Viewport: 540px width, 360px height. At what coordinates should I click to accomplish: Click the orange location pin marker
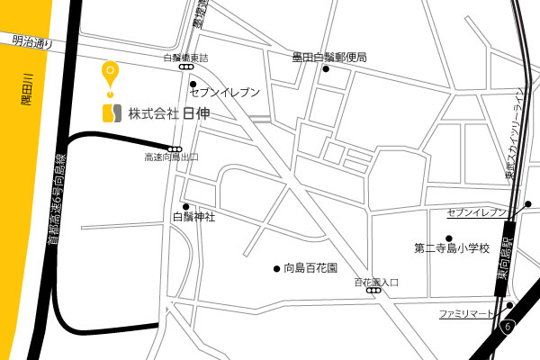tap(110, 73)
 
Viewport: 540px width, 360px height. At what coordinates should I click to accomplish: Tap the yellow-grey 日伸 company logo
tap(111, 113)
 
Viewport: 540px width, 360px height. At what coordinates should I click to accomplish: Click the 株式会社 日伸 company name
tap(168, 113)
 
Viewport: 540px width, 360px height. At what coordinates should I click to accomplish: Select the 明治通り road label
tap(33, 40)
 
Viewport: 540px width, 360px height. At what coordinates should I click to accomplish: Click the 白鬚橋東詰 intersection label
tap(185, 58)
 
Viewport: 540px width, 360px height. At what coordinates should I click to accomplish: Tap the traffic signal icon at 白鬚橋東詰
tap(185, 67)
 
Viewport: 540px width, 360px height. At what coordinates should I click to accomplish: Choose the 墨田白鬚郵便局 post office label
tap(329, 58)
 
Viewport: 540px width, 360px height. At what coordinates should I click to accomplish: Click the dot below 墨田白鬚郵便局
tap(326, 69)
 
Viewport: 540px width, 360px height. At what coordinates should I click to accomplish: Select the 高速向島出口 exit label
tap(171, 157)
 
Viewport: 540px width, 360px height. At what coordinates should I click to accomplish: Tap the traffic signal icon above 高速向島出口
tap(175, 148)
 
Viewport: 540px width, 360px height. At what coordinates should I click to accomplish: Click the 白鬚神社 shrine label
tap(193, 217)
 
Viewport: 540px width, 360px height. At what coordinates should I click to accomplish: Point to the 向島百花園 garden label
tap(310, 268)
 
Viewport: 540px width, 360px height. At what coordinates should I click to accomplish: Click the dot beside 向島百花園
tap(276, 268)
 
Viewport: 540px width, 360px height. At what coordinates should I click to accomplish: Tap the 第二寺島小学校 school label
tap(451, 247)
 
